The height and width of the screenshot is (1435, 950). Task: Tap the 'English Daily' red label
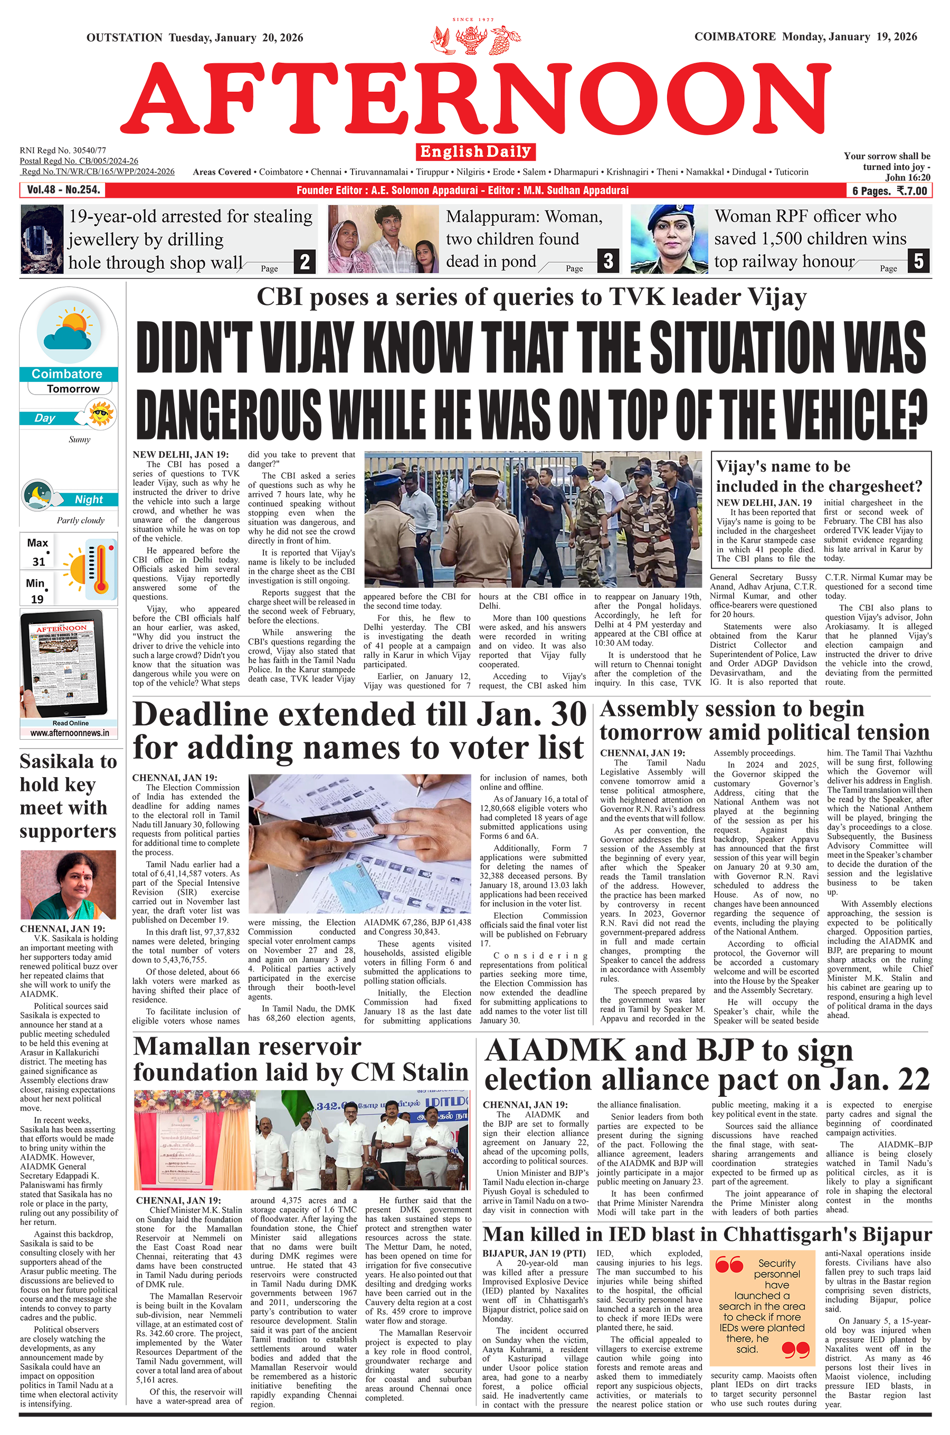click(x=475, y=151)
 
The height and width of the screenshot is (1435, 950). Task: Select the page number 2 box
click(x=305, y=262)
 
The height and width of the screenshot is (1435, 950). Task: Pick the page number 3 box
click(x=607, y=261)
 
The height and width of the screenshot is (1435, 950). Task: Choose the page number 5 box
click(x=918, y=261)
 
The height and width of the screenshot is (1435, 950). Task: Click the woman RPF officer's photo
click(x=669, y=239)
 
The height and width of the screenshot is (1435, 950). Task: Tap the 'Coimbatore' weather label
click(x=67, y=374)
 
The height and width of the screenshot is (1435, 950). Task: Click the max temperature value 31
click(x=39, y=562)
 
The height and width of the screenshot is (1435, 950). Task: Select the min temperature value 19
click(x=37, y=599)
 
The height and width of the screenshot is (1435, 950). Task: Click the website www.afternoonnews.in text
click(x=70, y=733)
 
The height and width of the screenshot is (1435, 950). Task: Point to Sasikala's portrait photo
click(x=68, y=885)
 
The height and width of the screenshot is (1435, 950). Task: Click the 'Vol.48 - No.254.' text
click(x=63, y=190)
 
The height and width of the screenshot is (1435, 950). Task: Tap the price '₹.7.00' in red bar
click(x=912, y=191)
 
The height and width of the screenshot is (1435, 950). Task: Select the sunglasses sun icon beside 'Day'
click(x=101, y=414)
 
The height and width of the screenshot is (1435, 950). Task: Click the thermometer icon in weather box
click(x=101, y=569)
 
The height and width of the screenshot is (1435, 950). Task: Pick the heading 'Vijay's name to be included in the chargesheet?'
click(x=819, y=476)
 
